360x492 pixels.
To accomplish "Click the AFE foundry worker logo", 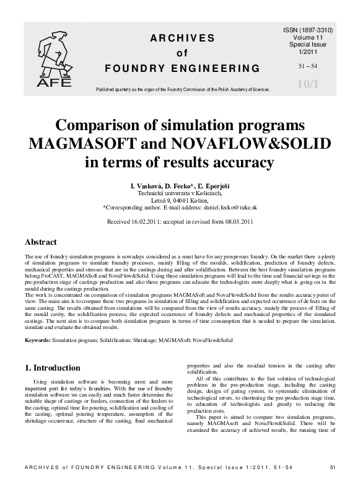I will [x=55, y=59].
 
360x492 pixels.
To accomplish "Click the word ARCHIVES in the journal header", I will [x=181, y=38].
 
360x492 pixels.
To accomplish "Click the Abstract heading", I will [x=40, y=242].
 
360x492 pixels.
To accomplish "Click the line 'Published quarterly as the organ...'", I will [x=182, y=89].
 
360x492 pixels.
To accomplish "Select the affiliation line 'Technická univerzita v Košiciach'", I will [x=179, y=193].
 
